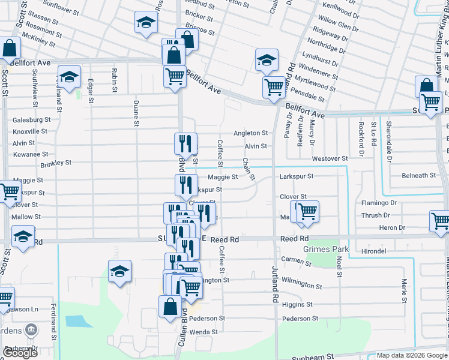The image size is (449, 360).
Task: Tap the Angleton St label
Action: [250, 133]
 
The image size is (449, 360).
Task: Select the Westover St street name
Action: [330, 158]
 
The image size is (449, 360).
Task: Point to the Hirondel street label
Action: [373, 251]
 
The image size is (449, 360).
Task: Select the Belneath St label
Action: [419, 176]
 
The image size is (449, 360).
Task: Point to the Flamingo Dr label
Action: [379, 203]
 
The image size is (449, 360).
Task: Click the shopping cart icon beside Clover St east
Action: [307, 211]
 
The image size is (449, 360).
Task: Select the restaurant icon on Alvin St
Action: [185, 143]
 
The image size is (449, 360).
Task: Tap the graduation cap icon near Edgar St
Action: [69, 76]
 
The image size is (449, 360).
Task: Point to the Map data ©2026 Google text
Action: [411, 355]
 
